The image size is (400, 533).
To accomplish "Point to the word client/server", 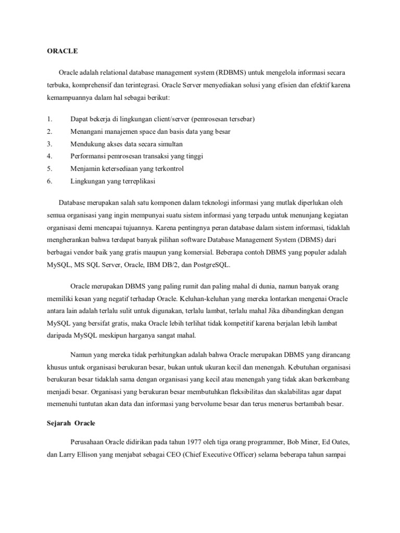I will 175,119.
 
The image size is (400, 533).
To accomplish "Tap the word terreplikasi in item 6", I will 137,182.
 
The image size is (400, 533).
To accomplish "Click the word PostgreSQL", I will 208,264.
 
